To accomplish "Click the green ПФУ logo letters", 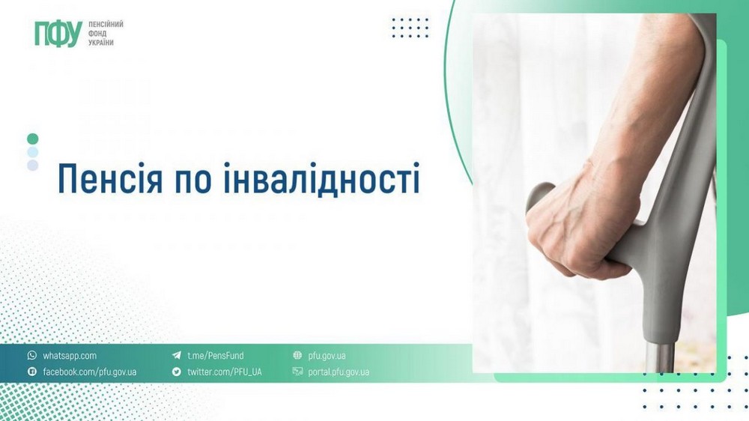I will (57, 34).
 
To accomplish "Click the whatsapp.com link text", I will (70, 356).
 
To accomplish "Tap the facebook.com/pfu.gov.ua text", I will (89, 372).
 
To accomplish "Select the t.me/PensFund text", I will (215, 356).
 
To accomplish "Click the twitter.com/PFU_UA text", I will (224, 372).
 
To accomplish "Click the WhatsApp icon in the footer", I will (31, 356).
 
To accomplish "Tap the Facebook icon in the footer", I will (31, 372).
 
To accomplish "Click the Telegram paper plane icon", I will (176, 356).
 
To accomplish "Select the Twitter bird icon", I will (176, 372).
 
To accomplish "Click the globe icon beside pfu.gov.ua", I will (297, 356).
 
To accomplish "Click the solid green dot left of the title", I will (32, 139).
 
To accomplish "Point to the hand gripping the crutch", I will (577, 225).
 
